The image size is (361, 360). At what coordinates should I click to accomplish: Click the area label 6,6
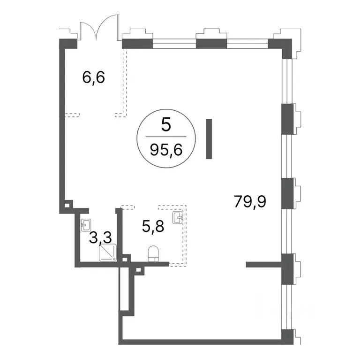[x=93, y=77]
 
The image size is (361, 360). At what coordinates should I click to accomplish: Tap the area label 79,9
[x=250, y=201]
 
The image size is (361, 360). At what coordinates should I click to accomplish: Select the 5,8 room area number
[x=153, y=226]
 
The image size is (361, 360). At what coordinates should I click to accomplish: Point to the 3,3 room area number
[x=100, y=237]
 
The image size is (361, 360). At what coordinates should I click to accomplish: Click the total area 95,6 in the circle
[x=166, y=150]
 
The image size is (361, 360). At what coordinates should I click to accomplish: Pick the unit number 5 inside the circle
[x=166, y=125]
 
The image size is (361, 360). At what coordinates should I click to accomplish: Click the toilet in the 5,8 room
[x=153, y=254]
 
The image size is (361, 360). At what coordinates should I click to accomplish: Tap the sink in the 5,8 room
[x=178, y=218]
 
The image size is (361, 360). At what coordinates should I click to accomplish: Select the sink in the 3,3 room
[x=86, y=225]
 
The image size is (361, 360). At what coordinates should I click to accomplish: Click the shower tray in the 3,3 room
[x=108, y=253]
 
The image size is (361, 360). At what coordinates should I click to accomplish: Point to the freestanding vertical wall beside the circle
[x=209, y=139]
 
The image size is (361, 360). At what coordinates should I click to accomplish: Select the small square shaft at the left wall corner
[x=67, y=205]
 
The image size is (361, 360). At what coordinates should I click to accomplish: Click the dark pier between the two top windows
[x=211, y=44]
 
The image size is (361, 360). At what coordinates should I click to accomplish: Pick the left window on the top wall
[x=174, y=44]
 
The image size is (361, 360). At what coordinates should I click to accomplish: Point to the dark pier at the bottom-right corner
[x=287, y=337]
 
